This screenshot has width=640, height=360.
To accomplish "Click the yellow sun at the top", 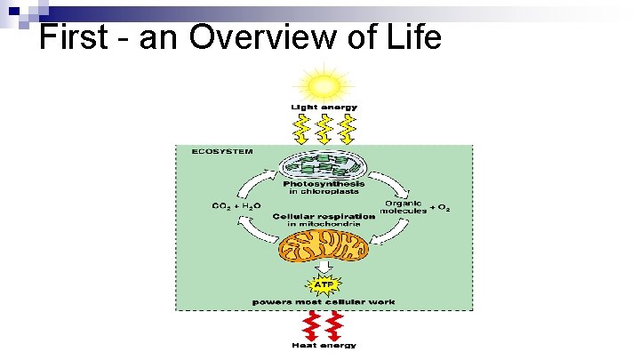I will (x=324, y=86).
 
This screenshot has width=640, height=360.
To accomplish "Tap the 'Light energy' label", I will (x=324, y=108).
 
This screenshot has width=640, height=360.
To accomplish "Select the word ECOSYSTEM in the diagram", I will (x=222, y=152).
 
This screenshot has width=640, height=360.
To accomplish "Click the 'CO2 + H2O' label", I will (x=236, y=206).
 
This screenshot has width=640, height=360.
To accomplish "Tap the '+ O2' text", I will (x=440, y=208).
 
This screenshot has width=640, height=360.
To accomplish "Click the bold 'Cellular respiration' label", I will (x=324, y=217).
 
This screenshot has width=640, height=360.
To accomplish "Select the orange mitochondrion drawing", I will (x=323, y=246).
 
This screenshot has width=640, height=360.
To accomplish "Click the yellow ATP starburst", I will (x=324, y=286).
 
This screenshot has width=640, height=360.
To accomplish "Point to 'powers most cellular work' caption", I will (x=324, y=302).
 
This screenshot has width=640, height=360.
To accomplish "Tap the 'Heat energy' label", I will (x=324, y=345).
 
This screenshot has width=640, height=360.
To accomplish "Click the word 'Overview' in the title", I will (x=275, y=37).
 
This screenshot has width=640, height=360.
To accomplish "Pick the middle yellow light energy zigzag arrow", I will (x=324, y=128).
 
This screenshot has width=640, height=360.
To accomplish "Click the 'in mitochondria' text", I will (x=324, y=225).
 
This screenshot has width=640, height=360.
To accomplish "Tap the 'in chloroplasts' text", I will (x=324, y=192).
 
